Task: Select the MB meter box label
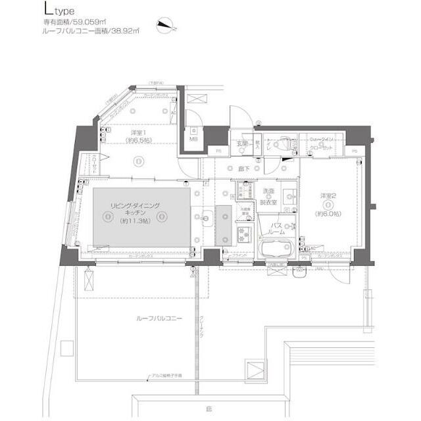coord(194,139)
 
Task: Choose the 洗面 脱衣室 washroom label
coord(269,195)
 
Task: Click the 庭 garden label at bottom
coord(209,409)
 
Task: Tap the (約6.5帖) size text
coord(139,141)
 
